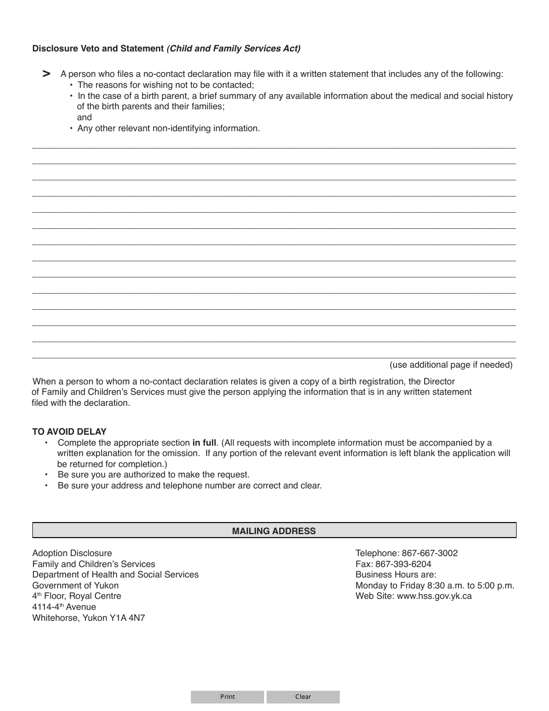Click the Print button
(227, 697)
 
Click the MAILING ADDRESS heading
(274, 531)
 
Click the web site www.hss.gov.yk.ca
(434, 596)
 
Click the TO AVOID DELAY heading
(69, 432)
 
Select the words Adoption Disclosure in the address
(72, 553)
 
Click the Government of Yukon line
(76, 586)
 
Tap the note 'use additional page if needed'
(451, 365)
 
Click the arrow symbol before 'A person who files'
(47, 73)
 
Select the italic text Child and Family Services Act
(233, 49)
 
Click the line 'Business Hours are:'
(396, 575)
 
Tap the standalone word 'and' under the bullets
(84, 117)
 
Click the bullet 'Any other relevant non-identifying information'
(168, 128)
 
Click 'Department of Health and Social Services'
(116, 575)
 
